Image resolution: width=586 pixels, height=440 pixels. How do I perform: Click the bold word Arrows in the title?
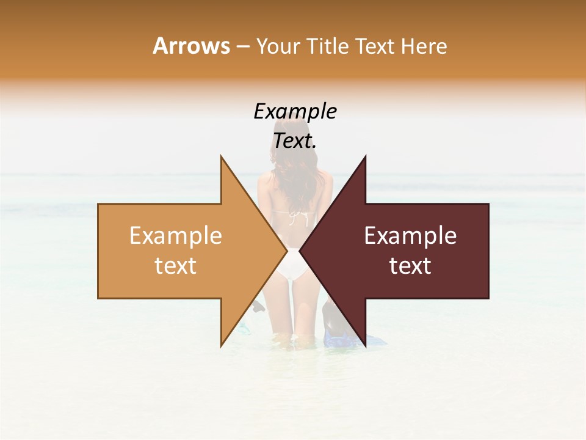191,46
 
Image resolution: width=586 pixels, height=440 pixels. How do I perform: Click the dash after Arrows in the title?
242,46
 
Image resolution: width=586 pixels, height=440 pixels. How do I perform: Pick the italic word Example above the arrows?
295,112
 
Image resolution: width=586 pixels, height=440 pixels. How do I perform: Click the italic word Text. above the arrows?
295,141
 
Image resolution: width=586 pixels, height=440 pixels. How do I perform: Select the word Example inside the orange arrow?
175,236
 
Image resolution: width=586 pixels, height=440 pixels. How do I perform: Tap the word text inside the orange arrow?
175,266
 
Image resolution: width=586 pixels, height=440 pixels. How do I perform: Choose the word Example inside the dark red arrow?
410,236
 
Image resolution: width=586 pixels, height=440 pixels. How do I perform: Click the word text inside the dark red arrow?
410,266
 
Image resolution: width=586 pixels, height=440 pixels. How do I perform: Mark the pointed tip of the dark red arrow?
300,251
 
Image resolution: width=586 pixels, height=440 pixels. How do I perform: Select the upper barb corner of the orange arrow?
221,157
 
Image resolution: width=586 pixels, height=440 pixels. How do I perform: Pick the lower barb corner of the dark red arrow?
365,345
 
